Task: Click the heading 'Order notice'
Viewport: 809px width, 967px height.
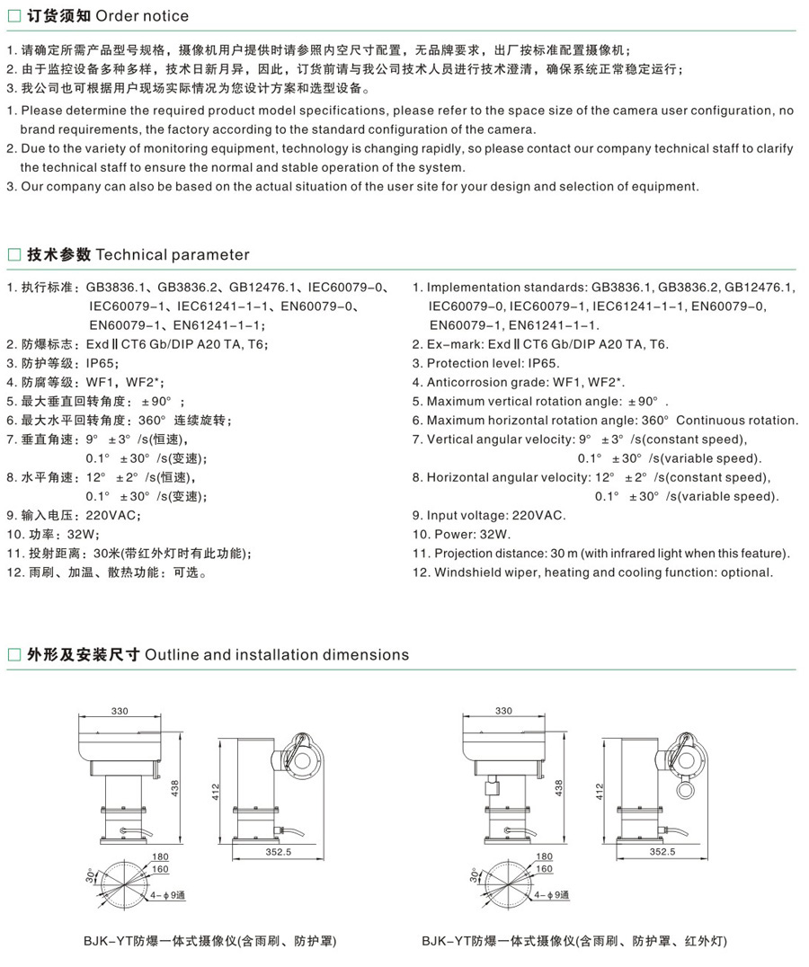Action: (x=142, y=16)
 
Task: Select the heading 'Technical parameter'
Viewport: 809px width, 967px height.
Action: (x=173, y=254)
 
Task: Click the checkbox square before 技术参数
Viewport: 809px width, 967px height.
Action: (x=13, y=255)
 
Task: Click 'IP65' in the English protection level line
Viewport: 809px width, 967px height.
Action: (x=543, y=363)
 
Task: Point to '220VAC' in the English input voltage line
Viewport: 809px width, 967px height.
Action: (x=538, y=515)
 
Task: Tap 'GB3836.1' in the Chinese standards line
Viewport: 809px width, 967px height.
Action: (x=118, y=288)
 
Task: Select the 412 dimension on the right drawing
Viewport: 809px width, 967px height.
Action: (x=600, y=791)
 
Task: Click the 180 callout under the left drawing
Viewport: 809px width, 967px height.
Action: (x=161, y=856)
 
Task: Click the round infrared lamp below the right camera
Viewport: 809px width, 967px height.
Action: (x=689, y=788)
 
